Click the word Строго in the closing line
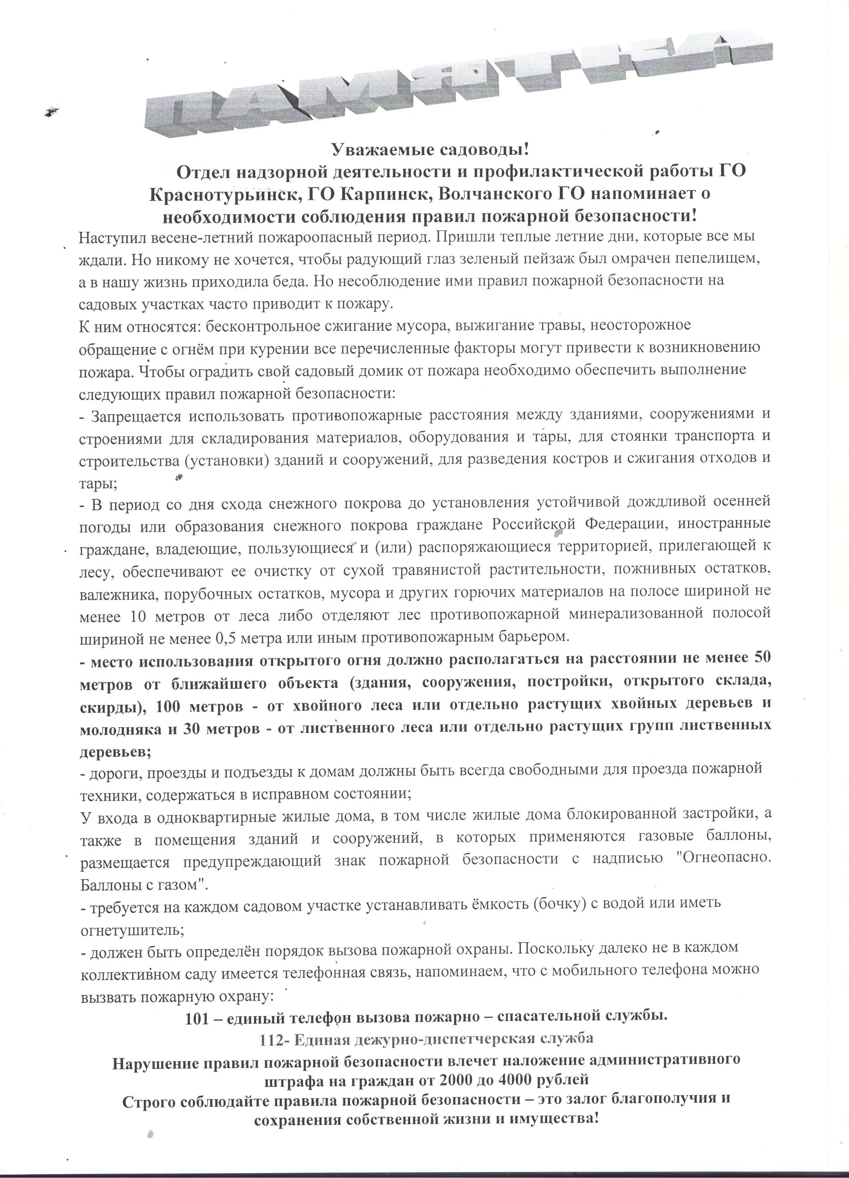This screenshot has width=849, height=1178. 145,1099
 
